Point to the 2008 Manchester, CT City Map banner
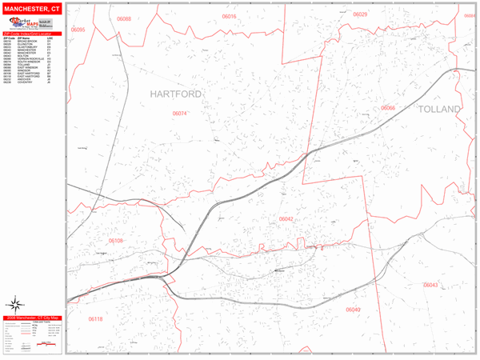33,318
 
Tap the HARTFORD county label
176,94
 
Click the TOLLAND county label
438,109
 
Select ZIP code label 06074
180,114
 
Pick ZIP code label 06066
388,108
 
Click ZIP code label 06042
286,218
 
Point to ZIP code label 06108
116,240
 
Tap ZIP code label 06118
95,319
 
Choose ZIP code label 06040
353,309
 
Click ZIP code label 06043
430,285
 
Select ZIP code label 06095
78,29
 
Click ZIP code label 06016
230,16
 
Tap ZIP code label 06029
360,14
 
